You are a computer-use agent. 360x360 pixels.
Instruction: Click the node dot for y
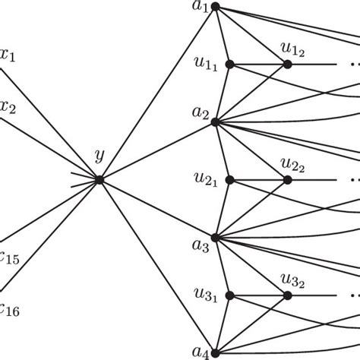99,180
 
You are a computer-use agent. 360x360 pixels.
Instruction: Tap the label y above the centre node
99,157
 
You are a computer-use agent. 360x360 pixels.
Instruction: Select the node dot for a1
216,7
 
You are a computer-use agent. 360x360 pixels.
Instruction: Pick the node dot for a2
216,122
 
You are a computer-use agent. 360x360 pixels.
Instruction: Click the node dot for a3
216,238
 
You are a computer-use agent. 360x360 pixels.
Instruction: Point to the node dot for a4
216,352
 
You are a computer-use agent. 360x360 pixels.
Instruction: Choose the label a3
199,247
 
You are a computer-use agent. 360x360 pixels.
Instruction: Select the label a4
199,352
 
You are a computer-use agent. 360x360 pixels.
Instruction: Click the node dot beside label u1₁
230,65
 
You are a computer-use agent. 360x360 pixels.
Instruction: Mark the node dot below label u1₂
288,65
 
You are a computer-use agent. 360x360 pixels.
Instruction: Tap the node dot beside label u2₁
230,180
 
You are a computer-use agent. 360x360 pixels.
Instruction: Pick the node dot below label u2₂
288,180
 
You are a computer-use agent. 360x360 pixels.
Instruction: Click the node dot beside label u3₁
230,295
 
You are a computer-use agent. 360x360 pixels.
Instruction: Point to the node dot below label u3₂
288,295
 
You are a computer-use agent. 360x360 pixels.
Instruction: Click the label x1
7,56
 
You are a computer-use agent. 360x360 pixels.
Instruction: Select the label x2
8,107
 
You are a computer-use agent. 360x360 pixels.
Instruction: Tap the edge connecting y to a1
157,93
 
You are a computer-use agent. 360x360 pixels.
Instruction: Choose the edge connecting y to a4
157,266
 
